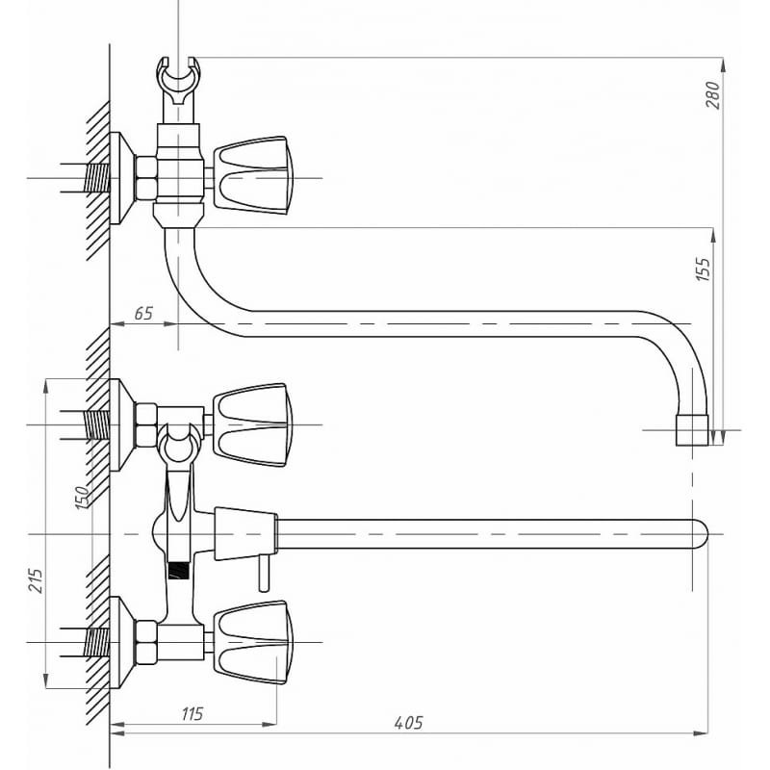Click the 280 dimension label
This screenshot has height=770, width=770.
pyautogui.click(x=713, y=95)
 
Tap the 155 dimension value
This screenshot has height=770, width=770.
pyautogui.click(x=704, y=269)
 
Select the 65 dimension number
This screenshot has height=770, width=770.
pyautogui.click(x=143, y=314)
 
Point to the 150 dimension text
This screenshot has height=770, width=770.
pyautogui.click(x=83, y=497)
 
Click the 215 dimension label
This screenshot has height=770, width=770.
pyautogui.click(x=36, y=580)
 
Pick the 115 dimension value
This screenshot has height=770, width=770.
pyautogui.click(x=192, y=714)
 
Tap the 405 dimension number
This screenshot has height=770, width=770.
pyautogui.click(x=408, y=723)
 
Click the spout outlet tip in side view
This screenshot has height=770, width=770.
pyautogui.click(x=692, y=429)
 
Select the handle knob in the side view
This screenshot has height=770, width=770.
pyautogui.click(x=253, y=175)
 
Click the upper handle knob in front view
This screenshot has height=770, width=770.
pyautogui.click(x=253, y=424)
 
